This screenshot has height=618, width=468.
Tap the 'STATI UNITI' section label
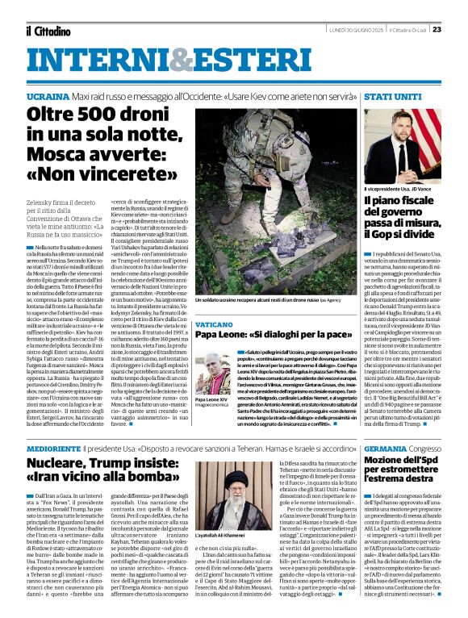pyautogui.click(x=390, y=96)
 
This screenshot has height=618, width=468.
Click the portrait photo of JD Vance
pyautogui.click(x=402, y=146)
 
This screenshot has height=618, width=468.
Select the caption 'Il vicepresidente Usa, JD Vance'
pyautogui.click(x=399, y=187)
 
